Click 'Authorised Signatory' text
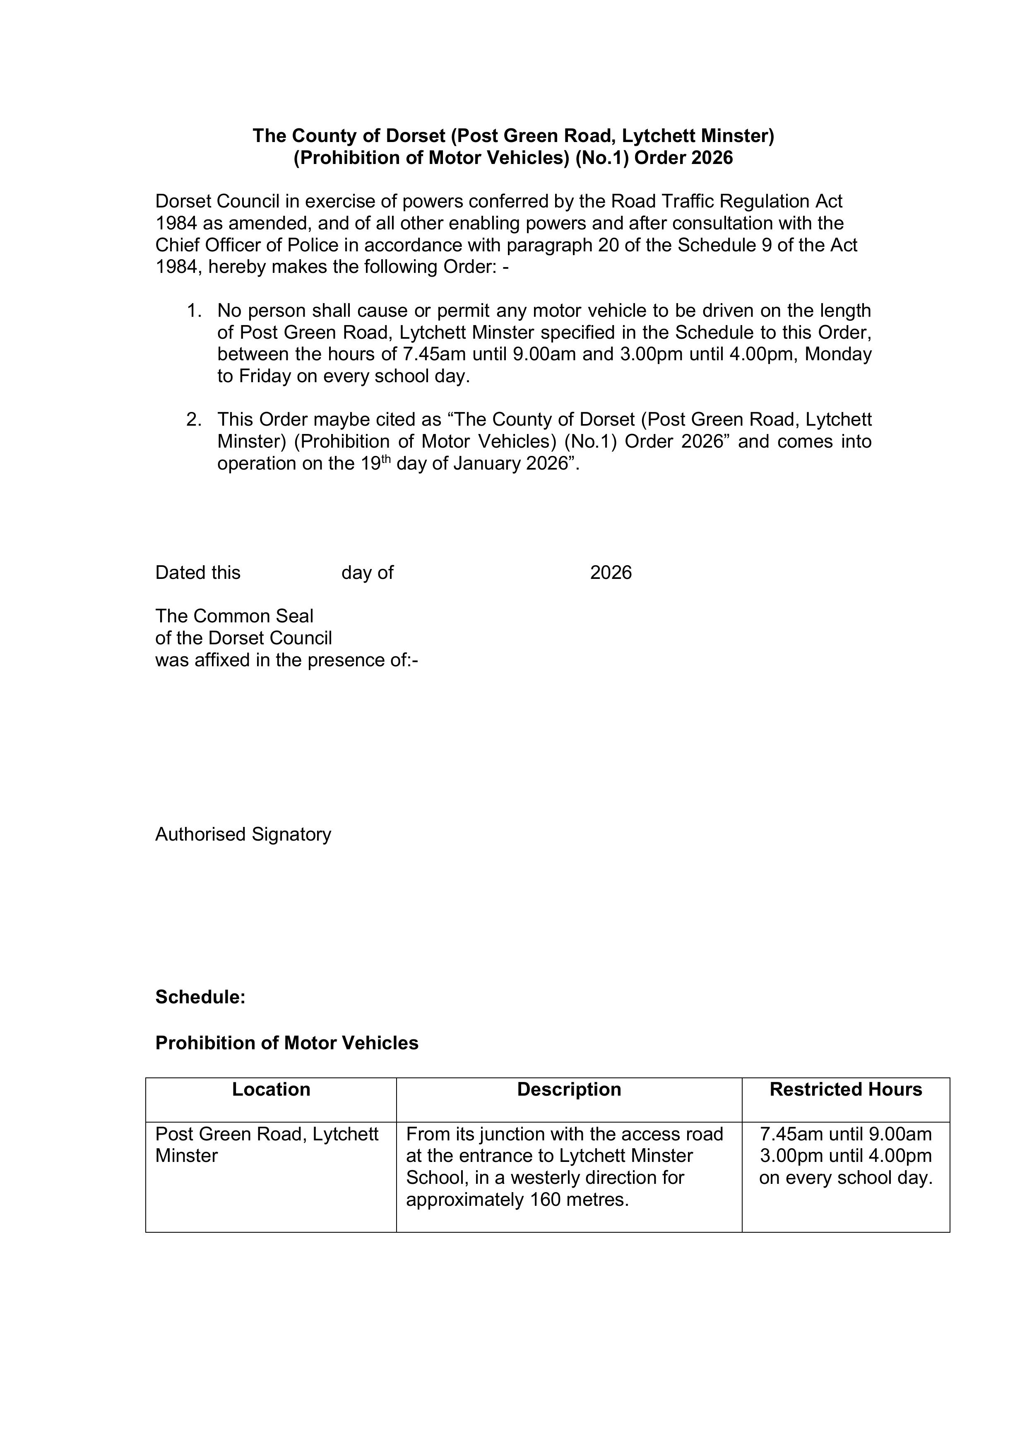(x=243, y=834)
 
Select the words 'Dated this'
(x=197, y=573)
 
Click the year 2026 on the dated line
(x=611, y=573)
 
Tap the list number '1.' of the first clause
(x=194, y=311)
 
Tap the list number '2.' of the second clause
(x=194, y=419)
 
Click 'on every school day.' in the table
(x=846, y=1178)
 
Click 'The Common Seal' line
(x=234, y=616)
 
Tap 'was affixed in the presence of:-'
(x=286, y=660)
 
